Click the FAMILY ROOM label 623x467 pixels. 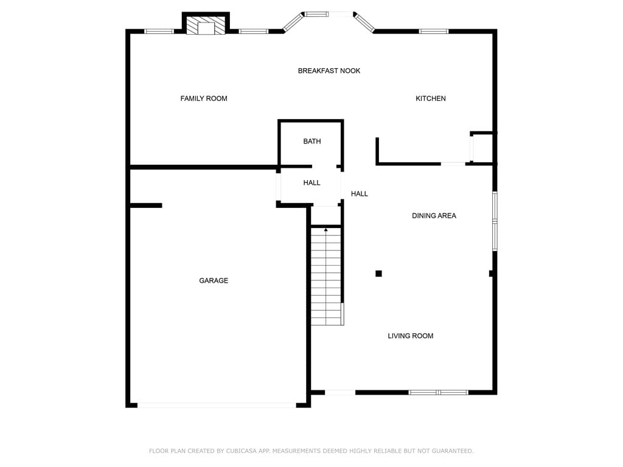coord(204,99)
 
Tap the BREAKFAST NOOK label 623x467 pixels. coord(329,71)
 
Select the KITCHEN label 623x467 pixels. coord(431,99)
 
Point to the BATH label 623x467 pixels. coord(312,141)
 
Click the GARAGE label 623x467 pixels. coord(214,281)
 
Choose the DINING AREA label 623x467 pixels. coord(434,216)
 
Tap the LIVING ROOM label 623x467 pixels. coord(411,336)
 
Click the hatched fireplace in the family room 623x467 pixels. coord(206,26)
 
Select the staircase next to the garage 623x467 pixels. coord(326,277)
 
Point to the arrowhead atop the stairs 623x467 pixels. coord(326,229)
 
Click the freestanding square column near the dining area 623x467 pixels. coord(378,274)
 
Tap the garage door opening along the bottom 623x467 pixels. coord(217,405)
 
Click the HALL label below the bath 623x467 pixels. coord(312,182)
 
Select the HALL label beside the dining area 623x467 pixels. coord(359,194)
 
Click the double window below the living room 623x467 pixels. coord(438,392)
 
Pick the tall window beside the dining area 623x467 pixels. coord(495,221)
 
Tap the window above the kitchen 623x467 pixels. coord(434,32)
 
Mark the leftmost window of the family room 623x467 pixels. coord(159,32)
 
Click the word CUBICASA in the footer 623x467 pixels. coord(242,451)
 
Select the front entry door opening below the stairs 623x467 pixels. coord(340,392)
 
